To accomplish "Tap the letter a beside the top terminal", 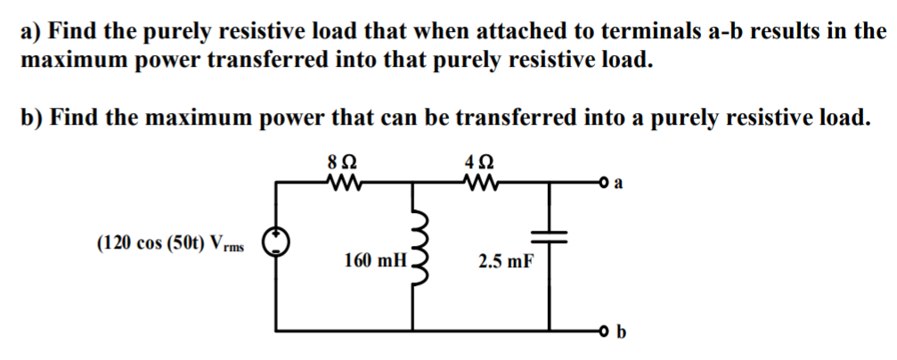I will (x=620, y=185).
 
